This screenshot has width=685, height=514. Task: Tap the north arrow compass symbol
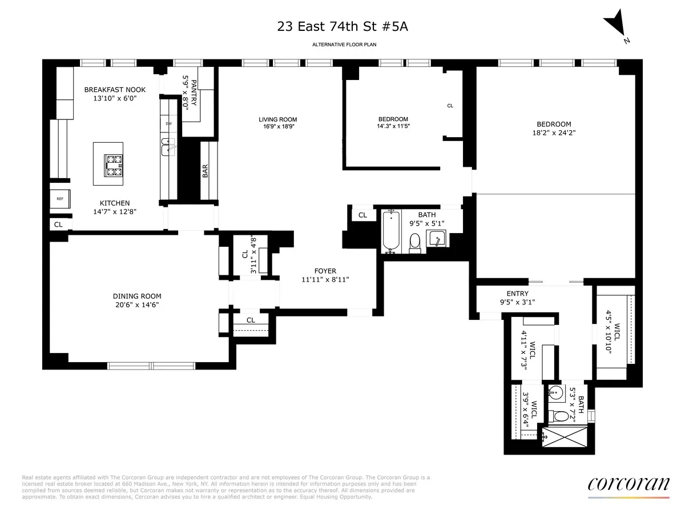click(x=616, y=27)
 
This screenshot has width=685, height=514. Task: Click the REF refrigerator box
click(x=60, y=199)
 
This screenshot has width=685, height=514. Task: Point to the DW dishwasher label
click(x=168, y=123)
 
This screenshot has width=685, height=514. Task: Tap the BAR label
click(x=205, y=171)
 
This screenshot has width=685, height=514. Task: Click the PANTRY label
click(x=190, y=91)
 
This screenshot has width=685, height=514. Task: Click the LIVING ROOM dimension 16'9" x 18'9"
click(x=277, y=127)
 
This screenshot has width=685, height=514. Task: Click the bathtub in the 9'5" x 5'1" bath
click(x=391, y=231)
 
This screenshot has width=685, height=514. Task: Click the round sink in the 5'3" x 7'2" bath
click(x=557, y=392)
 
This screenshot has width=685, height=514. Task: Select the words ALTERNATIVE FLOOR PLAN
click(x=344, y=45)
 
